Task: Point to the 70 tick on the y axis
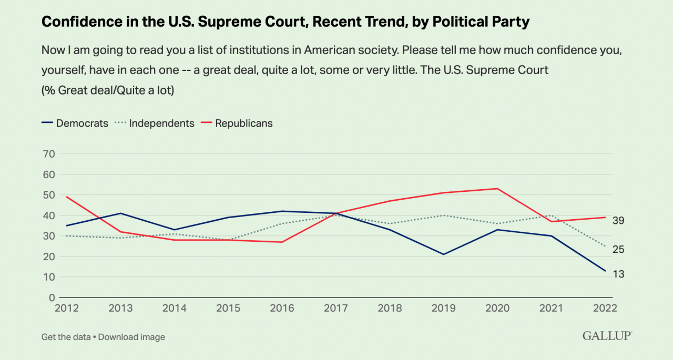(x=48, y=154)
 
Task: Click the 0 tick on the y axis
(x=52, y=297)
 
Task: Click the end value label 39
(x=618, y=220)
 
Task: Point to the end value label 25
(x=618, y=250)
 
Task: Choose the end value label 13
(x=618, y=274)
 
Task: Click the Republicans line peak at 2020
(x=497, y=188)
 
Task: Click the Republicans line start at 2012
(x=66, y=197)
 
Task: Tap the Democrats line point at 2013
(x=120, y=213)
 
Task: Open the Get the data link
(x=66, y=337)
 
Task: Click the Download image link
(x=131, y=337)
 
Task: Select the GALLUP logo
(x=607, y=336)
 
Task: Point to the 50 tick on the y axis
(x=48, y=195)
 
